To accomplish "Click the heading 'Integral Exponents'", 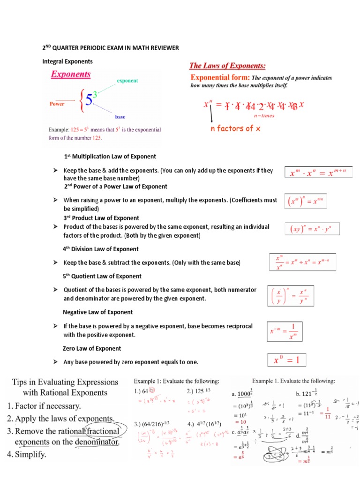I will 67,61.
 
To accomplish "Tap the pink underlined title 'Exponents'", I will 71,74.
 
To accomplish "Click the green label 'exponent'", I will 127,81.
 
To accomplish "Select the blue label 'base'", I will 120,117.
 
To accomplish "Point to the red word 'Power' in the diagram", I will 57,104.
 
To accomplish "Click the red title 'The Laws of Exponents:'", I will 227,66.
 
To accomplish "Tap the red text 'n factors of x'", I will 235,128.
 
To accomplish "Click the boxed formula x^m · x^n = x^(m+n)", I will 318,172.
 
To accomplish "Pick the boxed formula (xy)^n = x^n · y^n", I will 312,229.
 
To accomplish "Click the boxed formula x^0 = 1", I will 286,360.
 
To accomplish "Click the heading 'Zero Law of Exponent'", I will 92,348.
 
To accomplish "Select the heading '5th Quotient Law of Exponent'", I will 102,276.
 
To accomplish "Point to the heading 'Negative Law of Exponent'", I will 97,312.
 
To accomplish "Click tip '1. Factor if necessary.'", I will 44,405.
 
